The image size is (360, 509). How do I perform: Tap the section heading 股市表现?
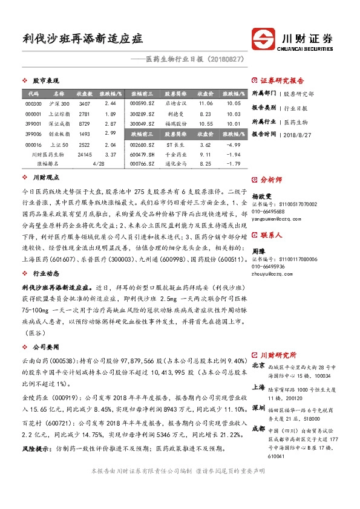[44, 80]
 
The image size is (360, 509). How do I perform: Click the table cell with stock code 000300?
[33, 104]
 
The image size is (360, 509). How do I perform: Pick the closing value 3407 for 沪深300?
[84, 104]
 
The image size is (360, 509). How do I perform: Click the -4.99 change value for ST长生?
[233, 145]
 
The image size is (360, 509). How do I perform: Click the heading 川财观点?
[46, 178]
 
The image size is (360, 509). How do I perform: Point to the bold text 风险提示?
[34, 450]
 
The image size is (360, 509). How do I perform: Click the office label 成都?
[258, 429]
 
